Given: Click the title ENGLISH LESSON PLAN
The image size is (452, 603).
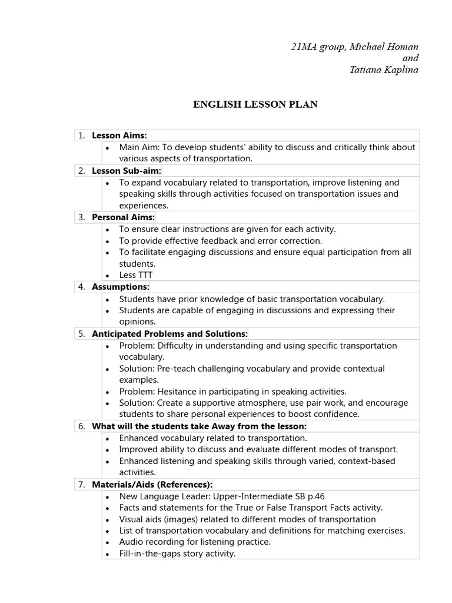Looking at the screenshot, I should point(255,104).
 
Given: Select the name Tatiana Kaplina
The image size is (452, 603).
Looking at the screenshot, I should point(384,70).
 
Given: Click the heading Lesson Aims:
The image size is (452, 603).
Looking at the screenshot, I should point(119,135).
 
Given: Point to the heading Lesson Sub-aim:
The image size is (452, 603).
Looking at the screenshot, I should point(126,171).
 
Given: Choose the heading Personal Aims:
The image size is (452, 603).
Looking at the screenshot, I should point(123,217).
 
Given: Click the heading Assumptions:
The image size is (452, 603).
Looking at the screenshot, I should point(121,287).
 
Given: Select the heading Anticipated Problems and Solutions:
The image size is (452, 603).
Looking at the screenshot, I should point(169,334).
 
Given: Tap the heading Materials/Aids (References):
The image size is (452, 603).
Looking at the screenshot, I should point(152,485).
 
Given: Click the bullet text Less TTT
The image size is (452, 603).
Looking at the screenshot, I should point(136,275).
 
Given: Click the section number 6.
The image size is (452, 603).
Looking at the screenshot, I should point(81,426).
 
